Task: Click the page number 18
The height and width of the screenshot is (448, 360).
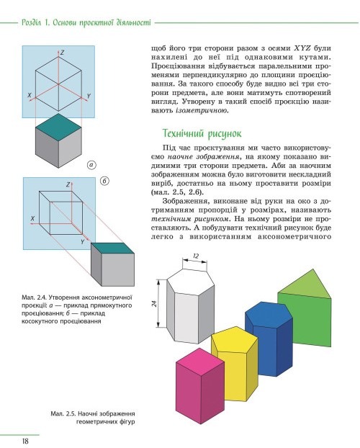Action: point(25,441)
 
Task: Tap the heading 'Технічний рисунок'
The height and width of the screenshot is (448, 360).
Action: point(202,133)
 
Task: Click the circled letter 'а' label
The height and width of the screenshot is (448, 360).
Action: point(91,165)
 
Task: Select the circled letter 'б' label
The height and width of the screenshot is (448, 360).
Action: point(104,181)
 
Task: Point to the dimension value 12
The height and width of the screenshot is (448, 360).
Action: point(196,256)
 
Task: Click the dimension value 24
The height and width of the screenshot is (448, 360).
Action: point(155,303)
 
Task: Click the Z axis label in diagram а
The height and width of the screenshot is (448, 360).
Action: point(63,53)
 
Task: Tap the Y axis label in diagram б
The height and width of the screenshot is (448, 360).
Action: point(82,242)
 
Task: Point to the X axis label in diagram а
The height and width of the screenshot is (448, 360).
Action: point(30,95)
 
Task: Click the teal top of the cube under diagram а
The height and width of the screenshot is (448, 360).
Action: point(58,127)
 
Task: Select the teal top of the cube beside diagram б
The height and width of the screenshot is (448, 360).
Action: point(112,248)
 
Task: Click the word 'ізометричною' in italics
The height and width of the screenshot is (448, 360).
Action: point(202,111)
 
